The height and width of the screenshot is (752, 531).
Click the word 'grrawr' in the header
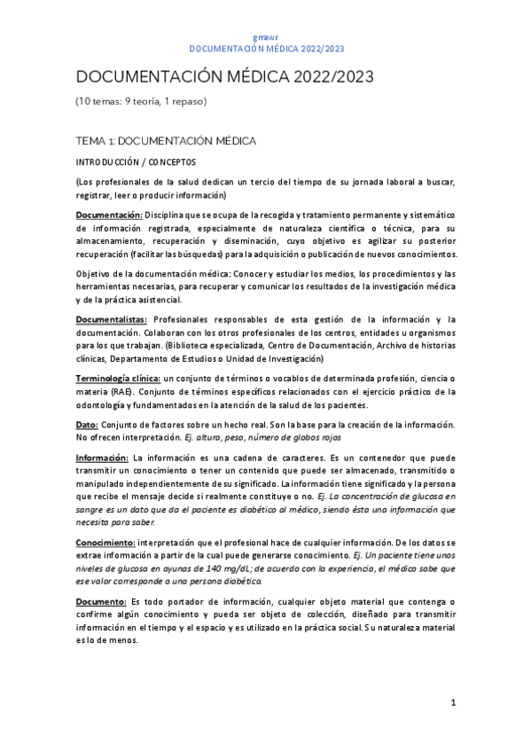(x=265, y=38)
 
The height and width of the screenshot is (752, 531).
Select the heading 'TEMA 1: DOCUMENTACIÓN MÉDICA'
(x=166, y=141)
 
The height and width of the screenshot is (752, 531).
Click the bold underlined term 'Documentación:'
(x=109, y=215)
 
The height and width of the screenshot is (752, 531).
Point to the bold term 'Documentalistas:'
(x=112, y=319)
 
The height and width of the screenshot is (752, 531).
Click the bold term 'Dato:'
(x=89, y=426)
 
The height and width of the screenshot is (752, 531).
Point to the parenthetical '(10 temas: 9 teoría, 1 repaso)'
(x=140, y=101)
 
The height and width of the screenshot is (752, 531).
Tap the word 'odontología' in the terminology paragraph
(x=104, y=405)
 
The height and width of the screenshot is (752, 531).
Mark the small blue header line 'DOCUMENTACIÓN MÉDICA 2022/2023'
(x=265, y=49)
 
